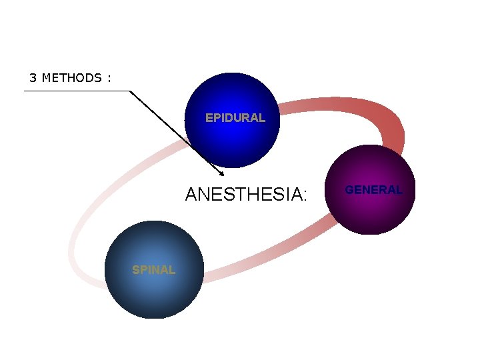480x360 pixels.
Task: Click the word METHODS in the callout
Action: (x=71, y=78)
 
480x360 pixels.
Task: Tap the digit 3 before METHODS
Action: (x=32, y=78)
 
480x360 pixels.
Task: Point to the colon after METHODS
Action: (x=108, y=79)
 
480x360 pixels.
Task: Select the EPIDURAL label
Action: (x=235, y=118)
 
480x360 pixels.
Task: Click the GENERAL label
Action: (x=373, y=190)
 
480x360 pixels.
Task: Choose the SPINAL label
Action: (x=153, y=270)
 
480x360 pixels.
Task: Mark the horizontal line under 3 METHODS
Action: (x=77, y=91)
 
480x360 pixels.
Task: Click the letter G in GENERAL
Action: (x=349, y=190)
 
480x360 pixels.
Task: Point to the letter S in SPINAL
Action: (x=135, y=270)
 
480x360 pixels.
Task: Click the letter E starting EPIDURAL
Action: (x=209, y=118)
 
